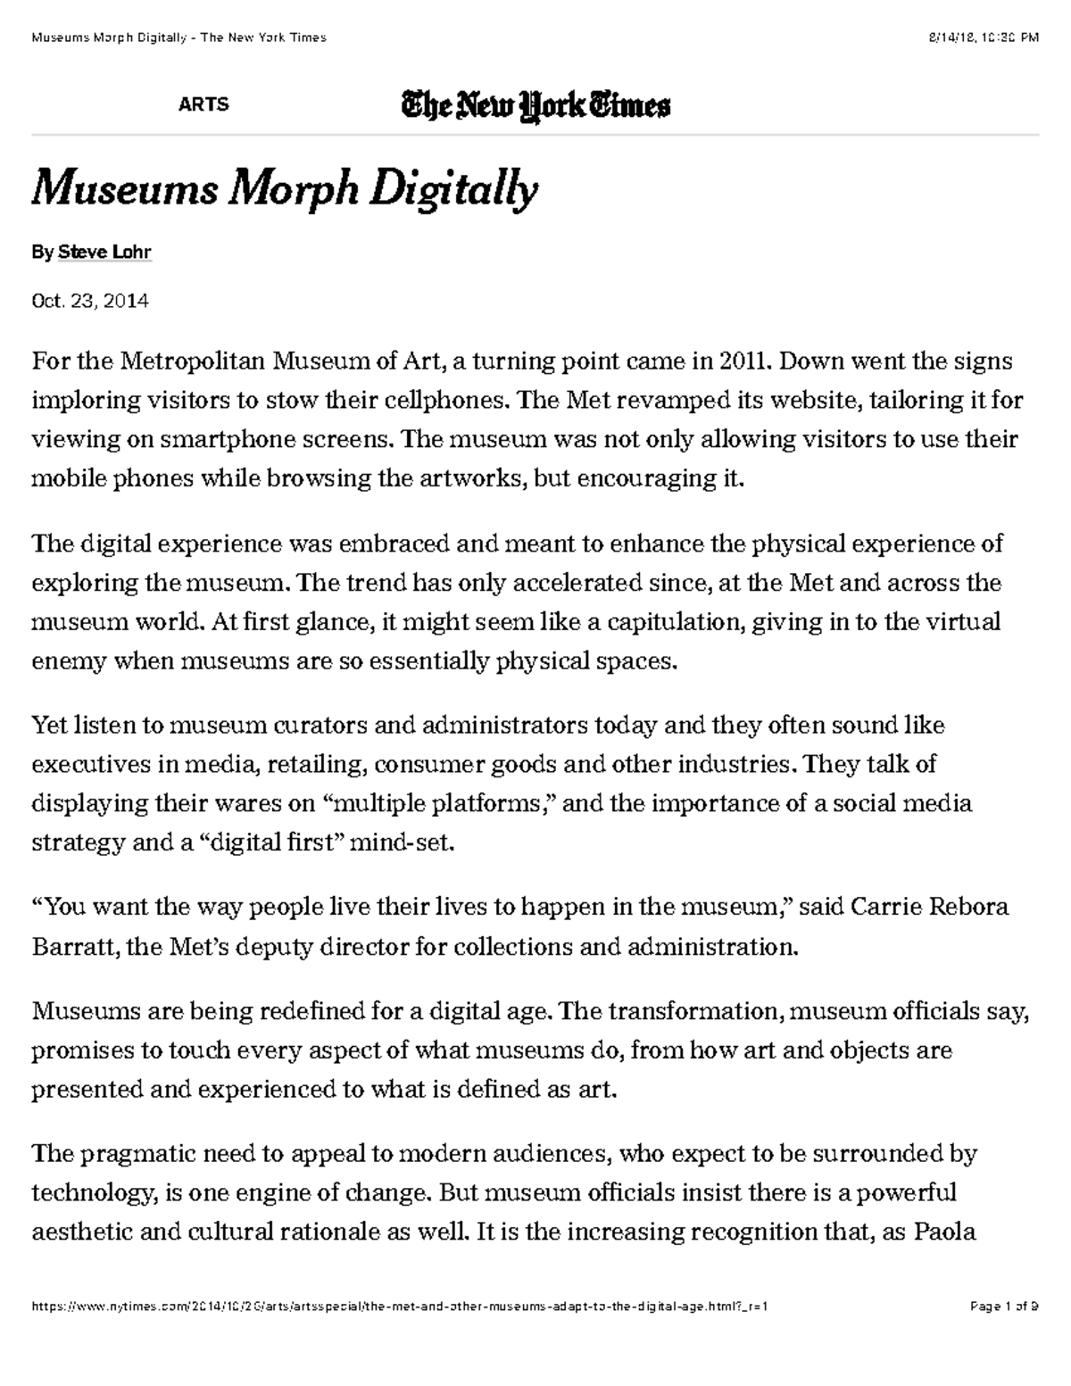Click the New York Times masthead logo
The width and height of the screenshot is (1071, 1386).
[535, 106]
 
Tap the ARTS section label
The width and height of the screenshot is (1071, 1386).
[203, 104]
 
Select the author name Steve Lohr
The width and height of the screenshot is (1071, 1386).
[104, 253]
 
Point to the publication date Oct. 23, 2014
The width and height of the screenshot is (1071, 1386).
[90, 301]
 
